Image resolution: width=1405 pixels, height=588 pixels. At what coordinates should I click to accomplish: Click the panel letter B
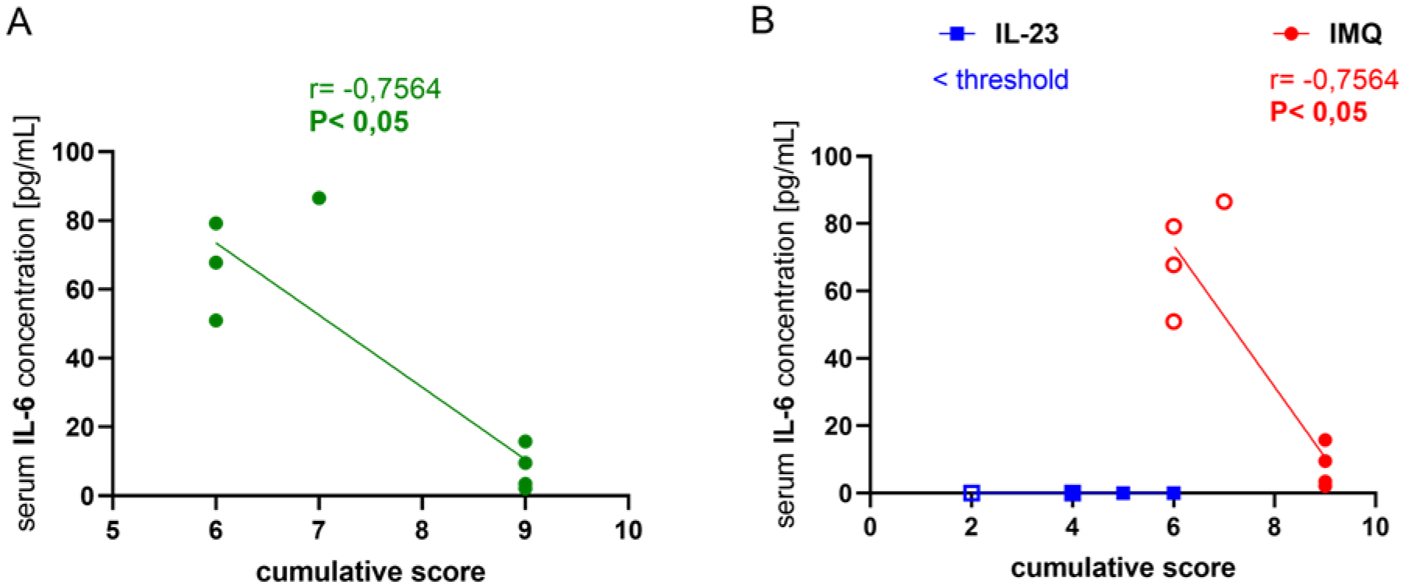click(762, 21)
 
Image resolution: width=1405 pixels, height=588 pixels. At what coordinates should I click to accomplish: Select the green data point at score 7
click(319, 198)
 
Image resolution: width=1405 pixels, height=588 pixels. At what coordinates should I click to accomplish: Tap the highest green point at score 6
click(216, 224)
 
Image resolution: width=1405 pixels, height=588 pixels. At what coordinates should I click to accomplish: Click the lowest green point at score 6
click(216, 321)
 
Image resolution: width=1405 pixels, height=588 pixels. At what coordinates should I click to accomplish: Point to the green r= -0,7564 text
click(375, 90)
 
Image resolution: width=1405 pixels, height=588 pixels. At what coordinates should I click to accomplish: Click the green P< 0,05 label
click(358, 122)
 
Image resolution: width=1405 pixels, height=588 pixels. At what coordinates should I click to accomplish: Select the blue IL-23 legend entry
click(1001, 34)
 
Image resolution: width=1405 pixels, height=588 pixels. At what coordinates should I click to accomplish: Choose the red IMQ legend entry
click(1328, 34)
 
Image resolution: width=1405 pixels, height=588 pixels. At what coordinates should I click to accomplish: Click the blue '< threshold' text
click(1001, 80)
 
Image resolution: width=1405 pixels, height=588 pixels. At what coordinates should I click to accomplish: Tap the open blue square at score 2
click(971, 493)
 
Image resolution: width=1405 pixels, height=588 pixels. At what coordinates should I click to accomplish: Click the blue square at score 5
click(1123, 493)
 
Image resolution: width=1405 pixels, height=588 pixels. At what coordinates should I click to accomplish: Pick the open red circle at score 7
click(1224, 202)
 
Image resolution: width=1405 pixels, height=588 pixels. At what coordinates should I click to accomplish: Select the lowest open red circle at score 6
click(1174, 321)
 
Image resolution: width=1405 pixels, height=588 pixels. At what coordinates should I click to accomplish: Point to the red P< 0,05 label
click(1319, 112)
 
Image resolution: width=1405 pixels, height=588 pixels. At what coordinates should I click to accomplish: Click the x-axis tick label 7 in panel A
click(319, 530)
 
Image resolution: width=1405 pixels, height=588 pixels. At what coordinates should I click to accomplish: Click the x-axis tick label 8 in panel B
click(1275, 528)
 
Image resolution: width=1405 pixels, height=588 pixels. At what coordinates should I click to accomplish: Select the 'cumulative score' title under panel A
click(370, 572)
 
